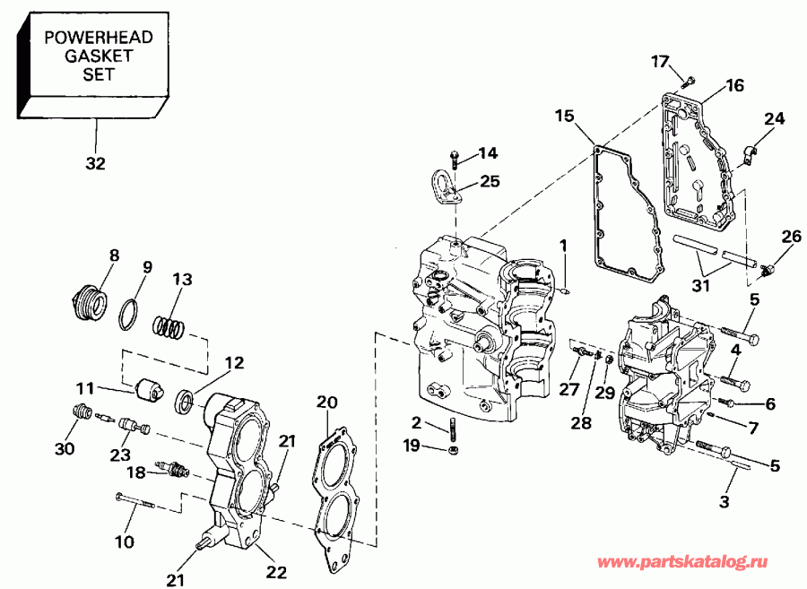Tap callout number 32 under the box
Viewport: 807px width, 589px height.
pos(95,163)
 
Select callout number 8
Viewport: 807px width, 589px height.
pos(114,255)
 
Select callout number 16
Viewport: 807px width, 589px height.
pos(734,86)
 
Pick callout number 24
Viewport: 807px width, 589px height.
pos(774,118)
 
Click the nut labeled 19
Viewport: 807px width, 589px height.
pos(454,449)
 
